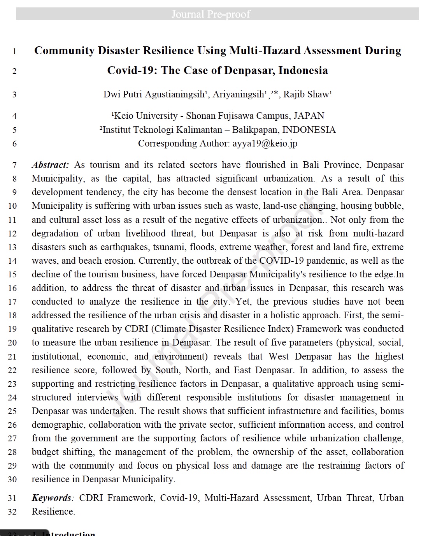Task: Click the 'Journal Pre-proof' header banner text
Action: click(211, 14)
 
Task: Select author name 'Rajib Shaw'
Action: click(306, 94)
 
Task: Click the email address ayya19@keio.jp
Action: click(265, 143)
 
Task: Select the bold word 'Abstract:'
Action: click(50, 165)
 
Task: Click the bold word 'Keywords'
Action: click(51, 498)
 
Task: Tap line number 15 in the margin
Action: click(12, 275)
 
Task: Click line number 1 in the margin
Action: click(14, 51)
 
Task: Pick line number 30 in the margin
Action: click(12, 480)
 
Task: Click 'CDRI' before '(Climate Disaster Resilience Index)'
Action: click(136, 329)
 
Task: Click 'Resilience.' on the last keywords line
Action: click(53, 511)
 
